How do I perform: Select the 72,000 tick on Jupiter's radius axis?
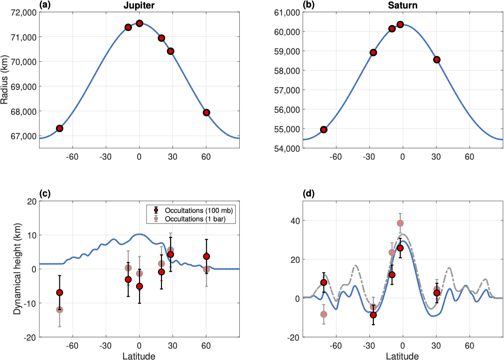pyautogui.click(x=22, y=12)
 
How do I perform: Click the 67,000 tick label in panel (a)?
pyautogui.click(x=22, y=136)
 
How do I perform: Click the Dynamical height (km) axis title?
pyautogui.click(x=17, y=269)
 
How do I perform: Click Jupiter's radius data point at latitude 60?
pyautogui.click(x=206, y=113)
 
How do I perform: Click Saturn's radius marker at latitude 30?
pyautogui.click(x=437, y=60)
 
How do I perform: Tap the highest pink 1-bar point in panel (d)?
pyautogui.click(x=400, y=223)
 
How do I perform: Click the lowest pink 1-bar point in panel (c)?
pyautogui.click(x=59, y=310)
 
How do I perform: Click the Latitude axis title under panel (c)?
pyautogui.click(x=140, y=356)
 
